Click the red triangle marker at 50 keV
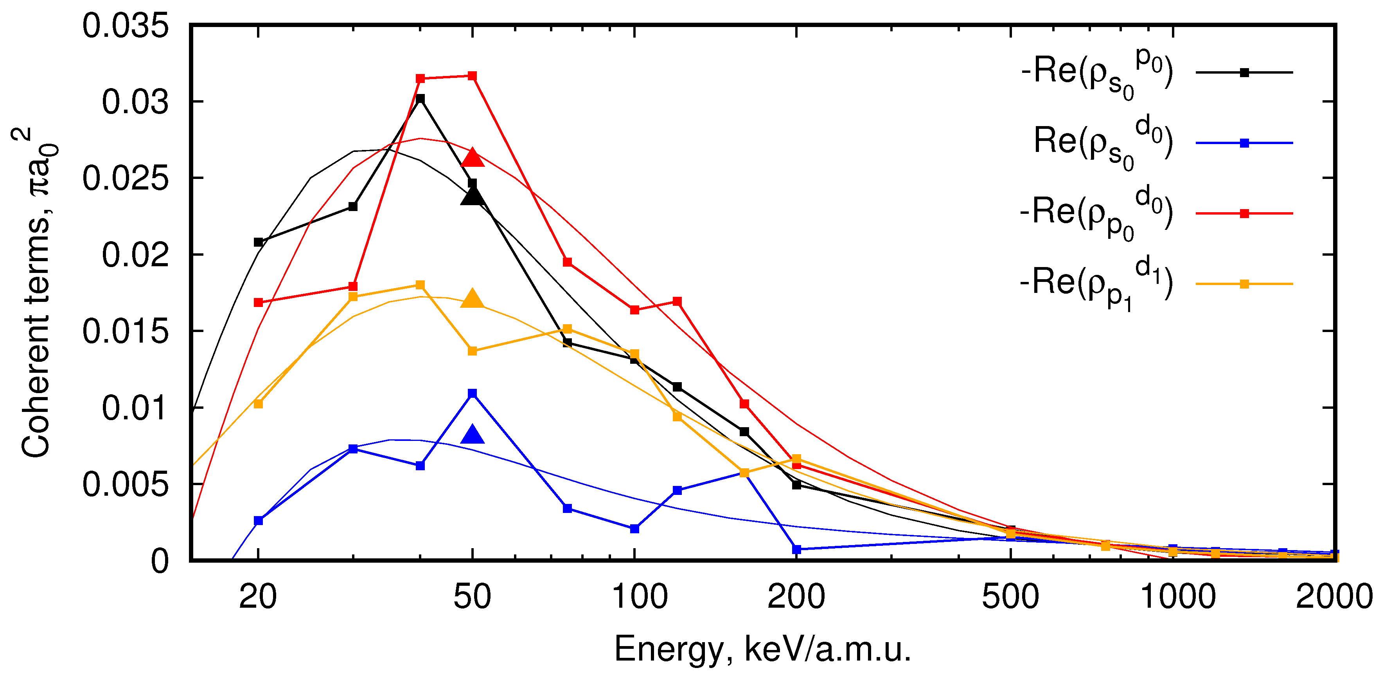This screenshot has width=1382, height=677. point(472,158)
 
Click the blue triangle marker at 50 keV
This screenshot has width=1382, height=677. point(472,434)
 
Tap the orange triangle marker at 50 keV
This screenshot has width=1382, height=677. point(472,299)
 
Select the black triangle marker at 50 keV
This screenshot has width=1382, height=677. point(472,197)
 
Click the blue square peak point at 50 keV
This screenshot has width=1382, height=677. point(472,394)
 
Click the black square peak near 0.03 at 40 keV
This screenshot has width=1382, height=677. point(420,99)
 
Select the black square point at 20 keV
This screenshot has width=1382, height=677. point(258,242)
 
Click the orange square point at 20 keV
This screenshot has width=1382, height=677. point(258,404)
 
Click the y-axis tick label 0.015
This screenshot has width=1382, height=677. point(125,331)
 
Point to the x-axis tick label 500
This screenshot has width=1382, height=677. point(1010,596)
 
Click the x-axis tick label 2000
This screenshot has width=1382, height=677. point(1334,596)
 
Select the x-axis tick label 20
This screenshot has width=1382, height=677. point(258,596)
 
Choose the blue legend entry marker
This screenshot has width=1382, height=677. point(1244,143)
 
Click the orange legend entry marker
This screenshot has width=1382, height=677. point(1244,284)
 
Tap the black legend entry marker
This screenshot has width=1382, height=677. point(1244,72)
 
